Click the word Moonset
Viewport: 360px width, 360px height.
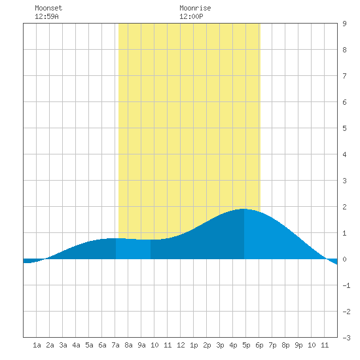coord(48,8)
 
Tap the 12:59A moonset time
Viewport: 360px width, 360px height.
coord(46,16)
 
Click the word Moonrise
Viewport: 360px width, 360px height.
coord(195,8)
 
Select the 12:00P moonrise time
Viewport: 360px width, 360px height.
coord(191,16)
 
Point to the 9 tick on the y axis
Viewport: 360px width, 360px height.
coord(344,24)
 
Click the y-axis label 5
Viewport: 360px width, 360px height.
coord(344,128)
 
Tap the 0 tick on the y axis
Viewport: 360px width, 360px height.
coord(344,259)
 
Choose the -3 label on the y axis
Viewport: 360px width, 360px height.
coord(346,338)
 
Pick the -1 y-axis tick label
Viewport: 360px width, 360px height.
coord(346,285)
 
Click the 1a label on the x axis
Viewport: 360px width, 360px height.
coord(37,345)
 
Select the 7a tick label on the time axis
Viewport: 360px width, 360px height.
coord(115,345)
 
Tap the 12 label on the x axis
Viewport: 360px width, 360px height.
coord(181,345)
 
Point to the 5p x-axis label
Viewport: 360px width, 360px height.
coord(246,345)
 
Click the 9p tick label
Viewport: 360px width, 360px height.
coord(298,345)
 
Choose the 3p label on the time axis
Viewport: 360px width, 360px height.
coord(220,345)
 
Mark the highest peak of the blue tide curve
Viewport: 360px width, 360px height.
coord(243,209)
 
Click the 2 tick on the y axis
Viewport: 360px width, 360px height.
coord(344,207)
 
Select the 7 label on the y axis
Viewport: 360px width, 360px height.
coord(344,76)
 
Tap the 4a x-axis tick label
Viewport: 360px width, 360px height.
coord(76,345)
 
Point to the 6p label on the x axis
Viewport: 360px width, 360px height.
coord(259,345)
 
